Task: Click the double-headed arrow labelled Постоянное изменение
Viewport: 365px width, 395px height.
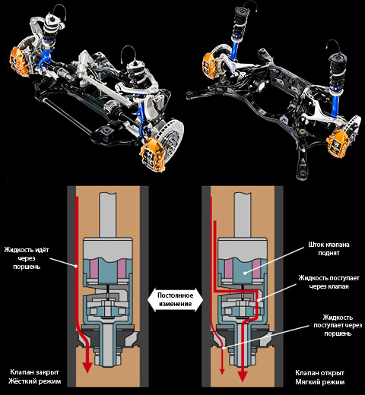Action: [175, 299]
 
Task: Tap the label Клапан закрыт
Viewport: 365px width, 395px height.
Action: [34, 372]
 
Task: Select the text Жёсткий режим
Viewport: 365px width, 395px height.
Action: [34, 381]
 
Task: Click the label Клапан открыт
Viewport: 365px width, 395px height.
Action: [319, 373]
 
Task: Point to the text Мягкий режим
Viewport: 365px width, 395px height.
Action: [320, 382]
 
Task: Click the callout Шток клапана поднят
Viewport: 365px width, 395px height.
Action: [328, 248]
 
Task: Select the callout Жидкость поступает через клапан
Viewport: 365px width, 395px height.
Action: [328, 282]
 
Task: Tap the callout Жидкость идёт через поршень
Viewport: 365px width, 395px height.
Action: [27, 258]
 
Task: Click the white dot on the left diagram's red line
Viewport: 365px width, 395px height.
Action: [76, 266]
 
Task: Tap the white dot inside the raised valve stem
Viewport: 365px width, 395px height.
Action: [245, 273]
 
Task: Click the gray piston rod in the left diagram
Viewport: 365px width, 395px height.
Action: [108, 215]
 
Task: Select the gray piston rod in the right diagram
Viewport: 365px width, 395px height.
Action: [243, 215]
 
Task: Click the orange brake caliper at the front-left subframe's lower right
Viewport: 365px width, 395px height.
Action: [153, 153]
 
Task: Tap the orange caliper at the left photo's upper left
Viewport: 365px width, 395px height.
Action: [19, 61]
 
